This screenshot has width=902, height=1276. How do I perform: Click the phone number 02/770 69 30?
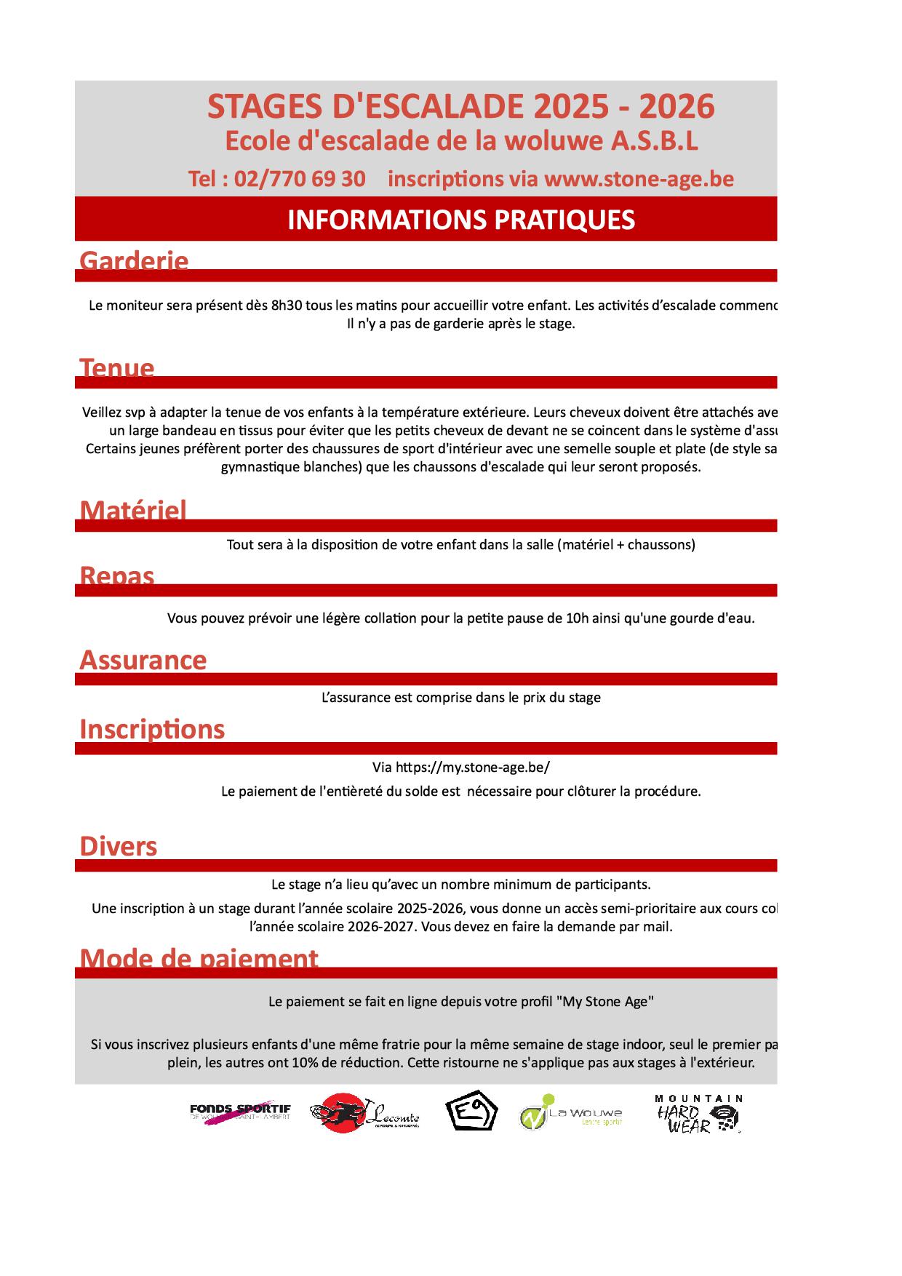pyautogui.click(x=300, y=179)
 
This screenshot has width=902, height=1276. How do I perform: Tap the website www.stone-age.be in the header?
pyautogui.click(x=639, y=179)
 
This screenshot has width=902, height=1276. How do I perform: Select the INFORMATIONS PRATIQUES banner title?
pyautogui.click(x=461, y=220)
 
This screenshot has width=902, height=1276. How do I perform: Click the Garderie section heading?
pyautogui.click(x=134, y=260)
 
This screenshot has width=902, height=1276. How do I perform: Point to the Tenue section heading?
pyautogui.click(x=116, y=367)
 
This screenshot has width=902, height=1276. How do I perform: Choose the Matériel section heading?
pyautogui.click(x=133, y=511)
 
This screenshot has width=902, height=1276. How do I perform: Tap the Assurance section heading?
pyautogui.click(x=143, y=660)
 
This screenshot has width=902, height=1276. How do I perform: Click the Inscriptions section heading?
pyautogui.click(x=152, y=729)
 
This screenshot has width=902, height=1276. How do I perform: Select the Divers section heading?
pyautogui.click(x=118, y=846)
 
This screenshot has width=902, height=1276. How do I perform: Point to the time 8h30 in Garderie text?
pyautogui.click(x=287, y=306)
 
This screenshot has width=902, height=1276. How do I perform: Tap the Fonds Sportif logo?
pyautogui.click(x=239, y=1112)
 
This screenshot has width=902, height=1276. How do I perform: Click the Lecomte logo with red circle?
pyautogui.click(x=364, y=1113)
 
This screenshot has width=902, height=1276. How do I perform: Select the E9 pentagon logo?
pyautogui.click(x=471, y=1111)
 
